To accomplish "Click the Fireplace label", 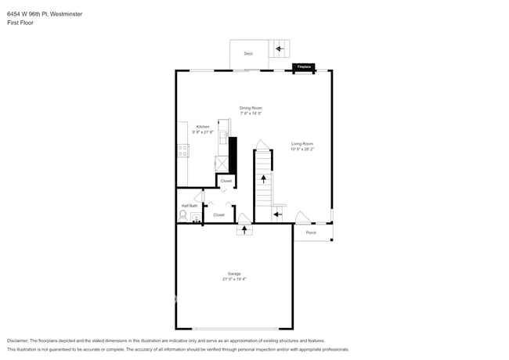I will [303, 67].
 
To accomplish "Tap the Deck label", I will [248, 53].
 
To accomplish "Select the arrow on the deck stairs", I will [279, 49].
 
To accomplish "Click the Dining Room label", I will [251, 108].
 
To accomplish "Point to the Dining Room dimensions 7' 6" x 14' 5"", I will [251, 113].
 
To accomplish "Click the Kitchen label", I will [203, 127].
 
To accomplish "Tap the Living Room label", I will [301, 143].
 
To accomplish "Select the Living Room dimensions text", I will [301, 149].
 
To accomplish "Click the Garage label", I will [234, 273].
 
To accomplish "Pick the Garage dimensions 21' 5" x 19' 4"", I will [234, 279].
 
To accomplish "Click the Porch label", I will [311, 232].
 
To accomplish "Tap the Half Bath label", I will [190, 206].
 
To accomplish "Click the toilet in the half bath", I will [184, 215].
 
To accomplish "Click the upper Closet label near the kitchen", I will [226, 181].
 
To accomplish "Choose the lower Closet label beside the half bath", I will [218, 214].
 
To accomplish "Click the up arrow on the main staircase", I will [263, 179].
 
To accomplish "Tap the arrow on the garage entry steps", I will [244, 229].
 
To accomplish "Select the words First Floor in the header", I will [20, 23].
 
